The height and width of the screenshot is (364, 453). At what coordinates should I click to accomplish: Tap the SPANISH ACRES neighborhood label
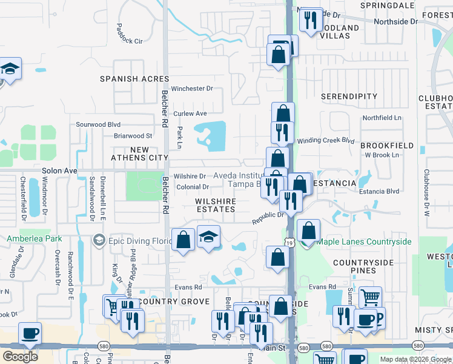(134, 79)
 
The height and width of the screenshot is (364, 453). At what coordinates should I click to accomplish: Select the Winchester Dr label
(192, 89)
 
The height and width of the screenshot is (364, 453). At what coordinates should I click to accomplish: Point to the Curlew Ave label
(190, 113)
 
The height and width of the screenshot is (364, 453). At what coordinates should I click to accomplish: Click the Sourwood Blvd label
(98, 124)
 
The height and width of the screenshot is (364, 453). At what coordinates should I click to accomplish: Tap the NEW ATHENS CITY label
(140, 153)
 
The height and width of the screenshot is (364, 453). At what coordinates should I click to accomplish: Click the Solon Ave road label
(59, 171)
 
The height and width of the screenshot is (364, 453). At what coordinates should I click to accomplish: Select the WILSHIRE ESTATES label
(215, 205)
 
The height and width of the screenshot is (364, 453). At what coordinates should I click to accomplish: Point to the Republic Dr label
(268, 218)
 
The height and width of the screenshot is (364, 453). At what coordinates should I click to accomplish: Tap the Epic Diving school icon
(98, 241)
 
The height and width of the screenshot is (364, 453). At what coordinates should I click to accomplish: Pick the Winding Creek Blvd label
(325, 140)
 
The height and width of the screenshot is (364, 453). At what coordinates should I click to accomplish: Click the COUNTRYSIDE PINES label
(363, 268)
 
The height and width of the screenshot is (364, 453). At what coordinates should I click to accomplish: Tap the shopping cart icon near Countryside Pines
(370, 297)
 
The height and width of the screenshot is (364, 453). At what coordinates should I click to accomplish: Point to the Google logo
(20, 357)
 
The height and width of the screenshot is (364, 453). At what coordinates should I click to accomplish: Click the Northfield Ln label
(382, 118)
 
